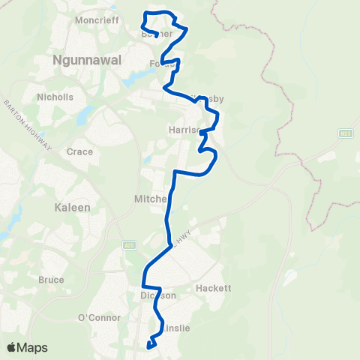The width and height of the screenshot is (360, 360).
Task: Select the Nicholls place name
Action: [55, 97]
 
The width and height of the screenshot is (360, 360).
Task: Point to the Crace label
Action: [79, 151]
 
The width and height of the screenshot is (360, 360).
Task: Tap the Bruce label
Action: [52, 280]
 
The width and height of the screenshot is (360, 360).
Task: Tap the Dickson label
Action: [157, 295]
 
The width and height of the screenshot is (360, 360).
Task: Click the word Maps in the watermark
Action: [34, 347]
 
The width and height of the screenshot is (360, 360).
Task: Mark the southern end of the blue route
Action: [150, 346]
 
